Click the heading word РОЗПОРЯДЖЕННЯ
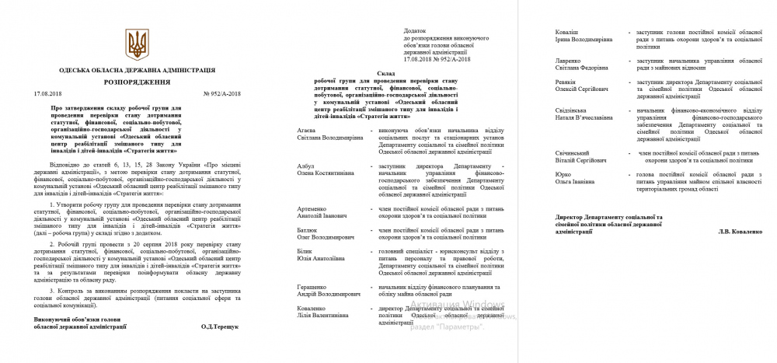[137, 80]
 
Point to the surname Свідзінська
[576, 110]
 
